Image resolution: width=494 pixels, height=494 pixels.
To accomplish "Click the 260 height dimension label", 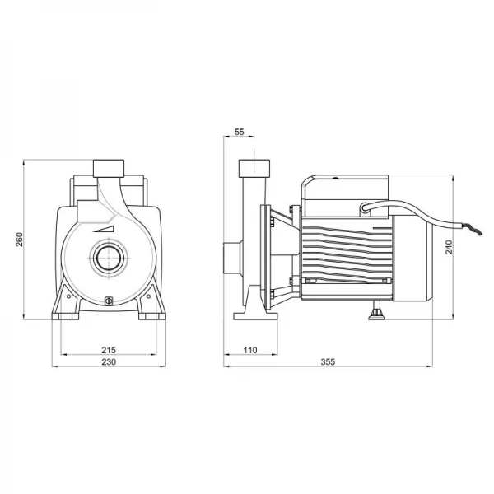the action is click(19, 240).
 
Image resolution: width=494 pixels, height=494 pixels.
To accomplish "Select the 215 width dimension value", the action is click(109, 350).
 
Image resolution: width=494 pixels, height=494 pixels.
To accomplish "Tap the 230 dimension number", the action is click(109, 362).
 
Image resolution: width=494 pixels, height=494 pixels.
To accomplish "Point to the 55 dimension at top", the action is click(240, 132).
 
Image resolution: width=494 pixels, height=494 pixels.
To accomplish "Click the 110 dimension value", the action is click(250, 350).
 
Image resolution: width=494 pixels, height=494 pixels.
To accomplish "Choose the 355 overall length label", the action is click(328, 362).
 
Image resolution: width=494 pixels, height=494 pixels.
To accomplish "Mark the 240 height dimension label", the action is click(449, 247).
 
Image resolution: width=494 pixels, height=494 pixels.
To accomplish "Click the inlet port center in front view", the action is click(109, 258).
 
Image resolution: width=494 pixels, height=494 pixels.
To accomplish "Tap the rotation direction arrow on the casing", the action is click(104, 229).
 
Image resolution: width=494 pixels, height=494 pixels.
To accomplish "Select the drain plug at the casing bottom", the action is click(109, 301).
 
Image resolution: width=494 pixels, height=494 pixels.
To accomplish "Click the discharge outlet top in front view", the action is click(109, 168).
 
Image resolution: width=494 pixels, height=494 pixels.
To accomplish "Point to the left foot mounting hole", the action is click(68, 296).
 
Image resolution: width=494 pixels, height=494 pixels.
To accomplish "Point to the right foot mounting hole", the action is click(148, 296).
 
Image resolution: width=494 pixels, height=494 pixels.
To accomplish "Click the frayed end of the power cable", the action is click(472, 228).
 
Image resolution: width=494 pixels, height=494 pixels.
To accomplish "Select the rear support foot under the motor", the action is click(377, 310).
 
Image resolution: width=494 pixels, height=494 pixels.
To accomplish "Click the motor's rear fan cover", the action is click(412, 258).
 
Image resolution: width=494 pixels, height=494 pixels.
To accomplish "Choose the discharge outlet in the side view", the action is click(254, 168).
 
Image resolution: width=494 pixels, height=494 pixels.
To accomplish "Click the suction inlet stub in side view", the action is click(232, 258).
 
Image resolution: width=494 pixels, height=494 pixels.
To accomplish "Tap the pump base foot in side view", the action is click(255, 316).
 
